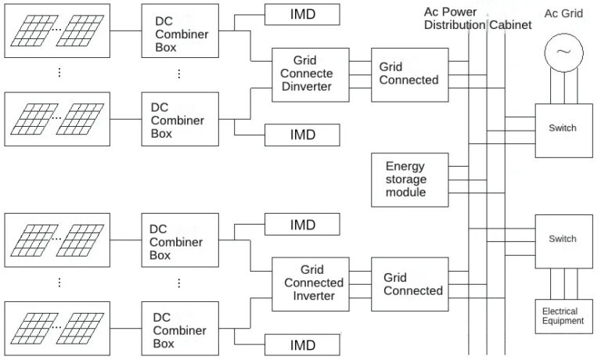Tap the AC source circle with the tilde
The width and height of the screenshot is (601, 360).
point(563,52)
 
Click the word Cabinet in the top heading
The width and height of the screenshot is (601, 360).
point(510,25)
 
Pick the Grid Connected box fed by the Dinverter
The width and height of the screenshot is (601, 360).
point(409,74)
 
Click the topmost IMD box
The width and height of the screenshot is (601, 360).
point(302,14)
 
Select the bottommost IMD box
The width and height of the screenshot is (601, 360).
point(302,345)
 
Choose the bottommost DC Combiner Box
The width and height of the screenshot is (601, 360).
point(180,330)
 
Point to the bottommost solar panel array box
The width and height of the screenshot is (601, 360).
point(57,330)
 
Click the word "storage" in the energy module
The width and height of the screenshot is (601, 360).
point(406,179)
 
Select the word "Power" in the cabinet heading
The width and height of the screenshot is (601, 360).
point(460,12)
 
